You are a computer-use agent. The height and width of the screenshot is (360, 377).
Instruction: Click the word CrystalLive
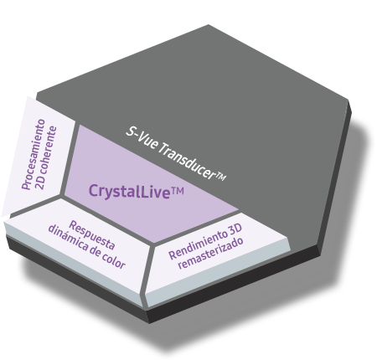pyautogui.click(x=130, y=191)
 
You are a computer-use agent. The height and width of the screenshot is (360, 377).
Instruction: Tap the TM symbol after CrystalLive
pyautogui.click(x=178, y=192)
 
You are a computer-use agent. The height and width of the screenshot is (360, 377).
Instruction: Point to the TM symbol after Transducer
pyautogui.click(x=221, y=176)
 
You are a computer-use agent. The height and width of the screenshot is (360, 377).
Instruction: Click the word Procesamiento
pyautogui.click(x=34, y=154)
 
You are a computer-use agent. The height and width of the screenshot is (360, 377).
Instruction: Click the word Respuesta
pyautogui.click(x=92, y=234)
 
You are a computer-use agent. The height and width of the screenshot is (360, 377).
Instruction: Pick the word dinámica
pyautogui.click(x=68, y=238)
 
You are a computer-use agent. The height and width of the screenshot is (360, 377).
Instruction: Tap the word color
pyautogui.click(x=113, y=260)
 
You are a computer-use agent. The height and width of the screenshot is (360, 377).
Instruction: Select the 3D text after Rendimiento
pyautogui.click(x=235, y=229)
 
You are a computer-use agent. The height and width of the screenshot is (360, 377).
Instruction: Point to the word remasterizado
pyautogui.click(x=210, y=253)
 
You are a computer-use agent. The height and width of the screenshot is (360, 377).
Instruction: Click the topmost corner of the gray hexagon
pyautogui.click(x=209, y=25)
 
